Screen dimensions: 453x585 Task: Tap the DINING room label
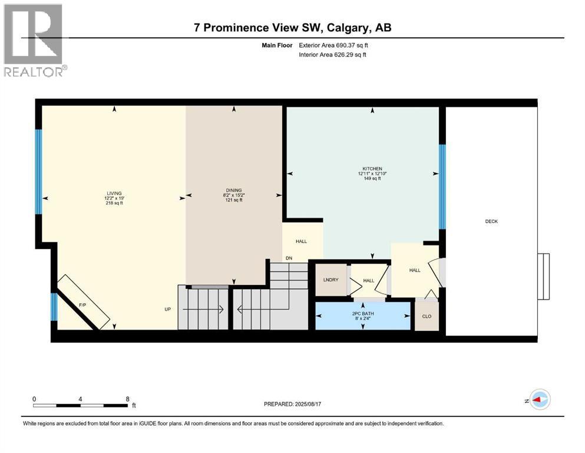(234, 190)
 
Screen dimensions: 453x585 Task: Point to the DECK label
(491, 221)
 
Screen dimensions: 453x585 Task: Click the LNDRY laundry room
(330, 280)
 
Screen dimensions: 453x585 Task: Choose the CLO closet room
(427, 316)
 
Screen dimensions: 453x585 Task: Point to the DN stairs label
(289, 258)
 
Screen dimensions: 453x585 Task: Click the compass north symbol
(538, 400)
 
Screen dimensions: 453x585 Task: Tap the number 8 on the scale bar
(128, 398)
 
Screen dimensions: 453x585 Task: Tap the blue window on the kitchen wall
(442, 186)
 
